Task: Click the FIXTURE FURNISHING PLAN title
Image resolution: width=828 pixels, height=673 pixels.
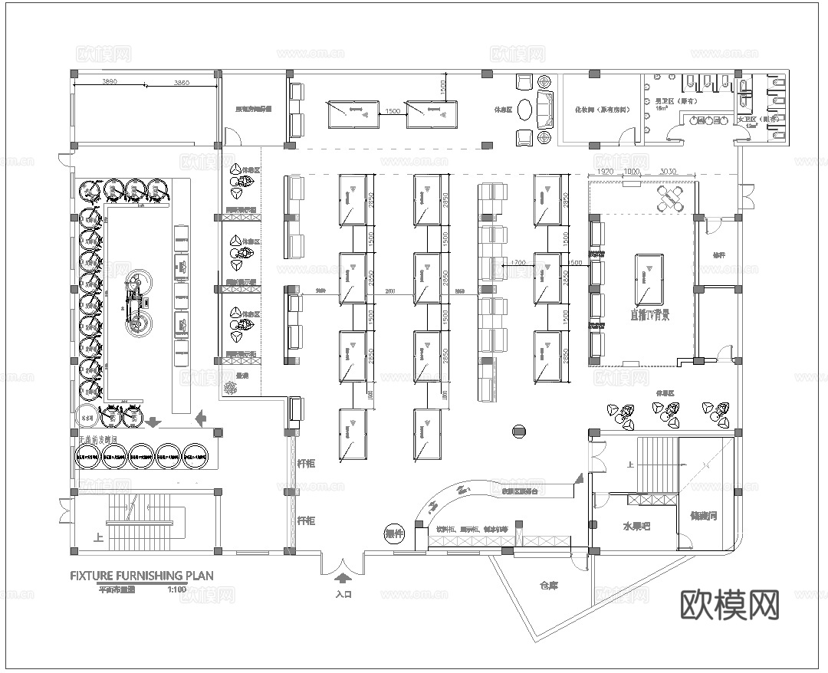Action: click(142, 575)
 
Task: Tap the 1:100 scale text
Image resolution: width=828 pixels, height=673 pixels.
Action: click(176, 589)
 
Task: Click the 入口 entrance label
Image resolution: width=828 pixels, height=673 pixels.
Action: click(343, 593)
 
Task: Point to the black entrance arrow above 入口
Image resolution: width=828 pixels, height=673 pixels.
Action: click(343, 579)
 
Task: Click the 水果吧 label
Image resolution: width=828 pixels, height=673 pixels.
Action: click(636, 527)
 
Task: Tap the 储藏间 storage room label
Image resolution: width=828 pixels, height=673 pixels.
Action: click(703, 516)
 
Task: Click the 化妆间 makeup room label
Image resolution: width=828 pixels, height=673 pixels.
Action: click(602, 110)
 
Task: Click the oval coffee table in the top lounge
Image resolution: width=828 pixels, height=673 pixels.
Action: click(526, 110)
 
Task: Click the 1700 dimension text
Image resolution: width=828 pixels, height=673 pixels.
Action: click(518, 263)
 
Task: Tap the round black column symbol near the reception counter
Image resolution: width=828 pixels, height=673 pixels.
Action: click(519, 432)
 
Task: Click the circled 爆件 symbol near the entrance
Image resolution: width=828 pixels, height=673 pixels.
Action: click(394, 533)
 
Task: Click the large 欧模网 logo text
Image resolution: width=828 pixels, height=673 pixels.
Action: click(730, 604)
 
